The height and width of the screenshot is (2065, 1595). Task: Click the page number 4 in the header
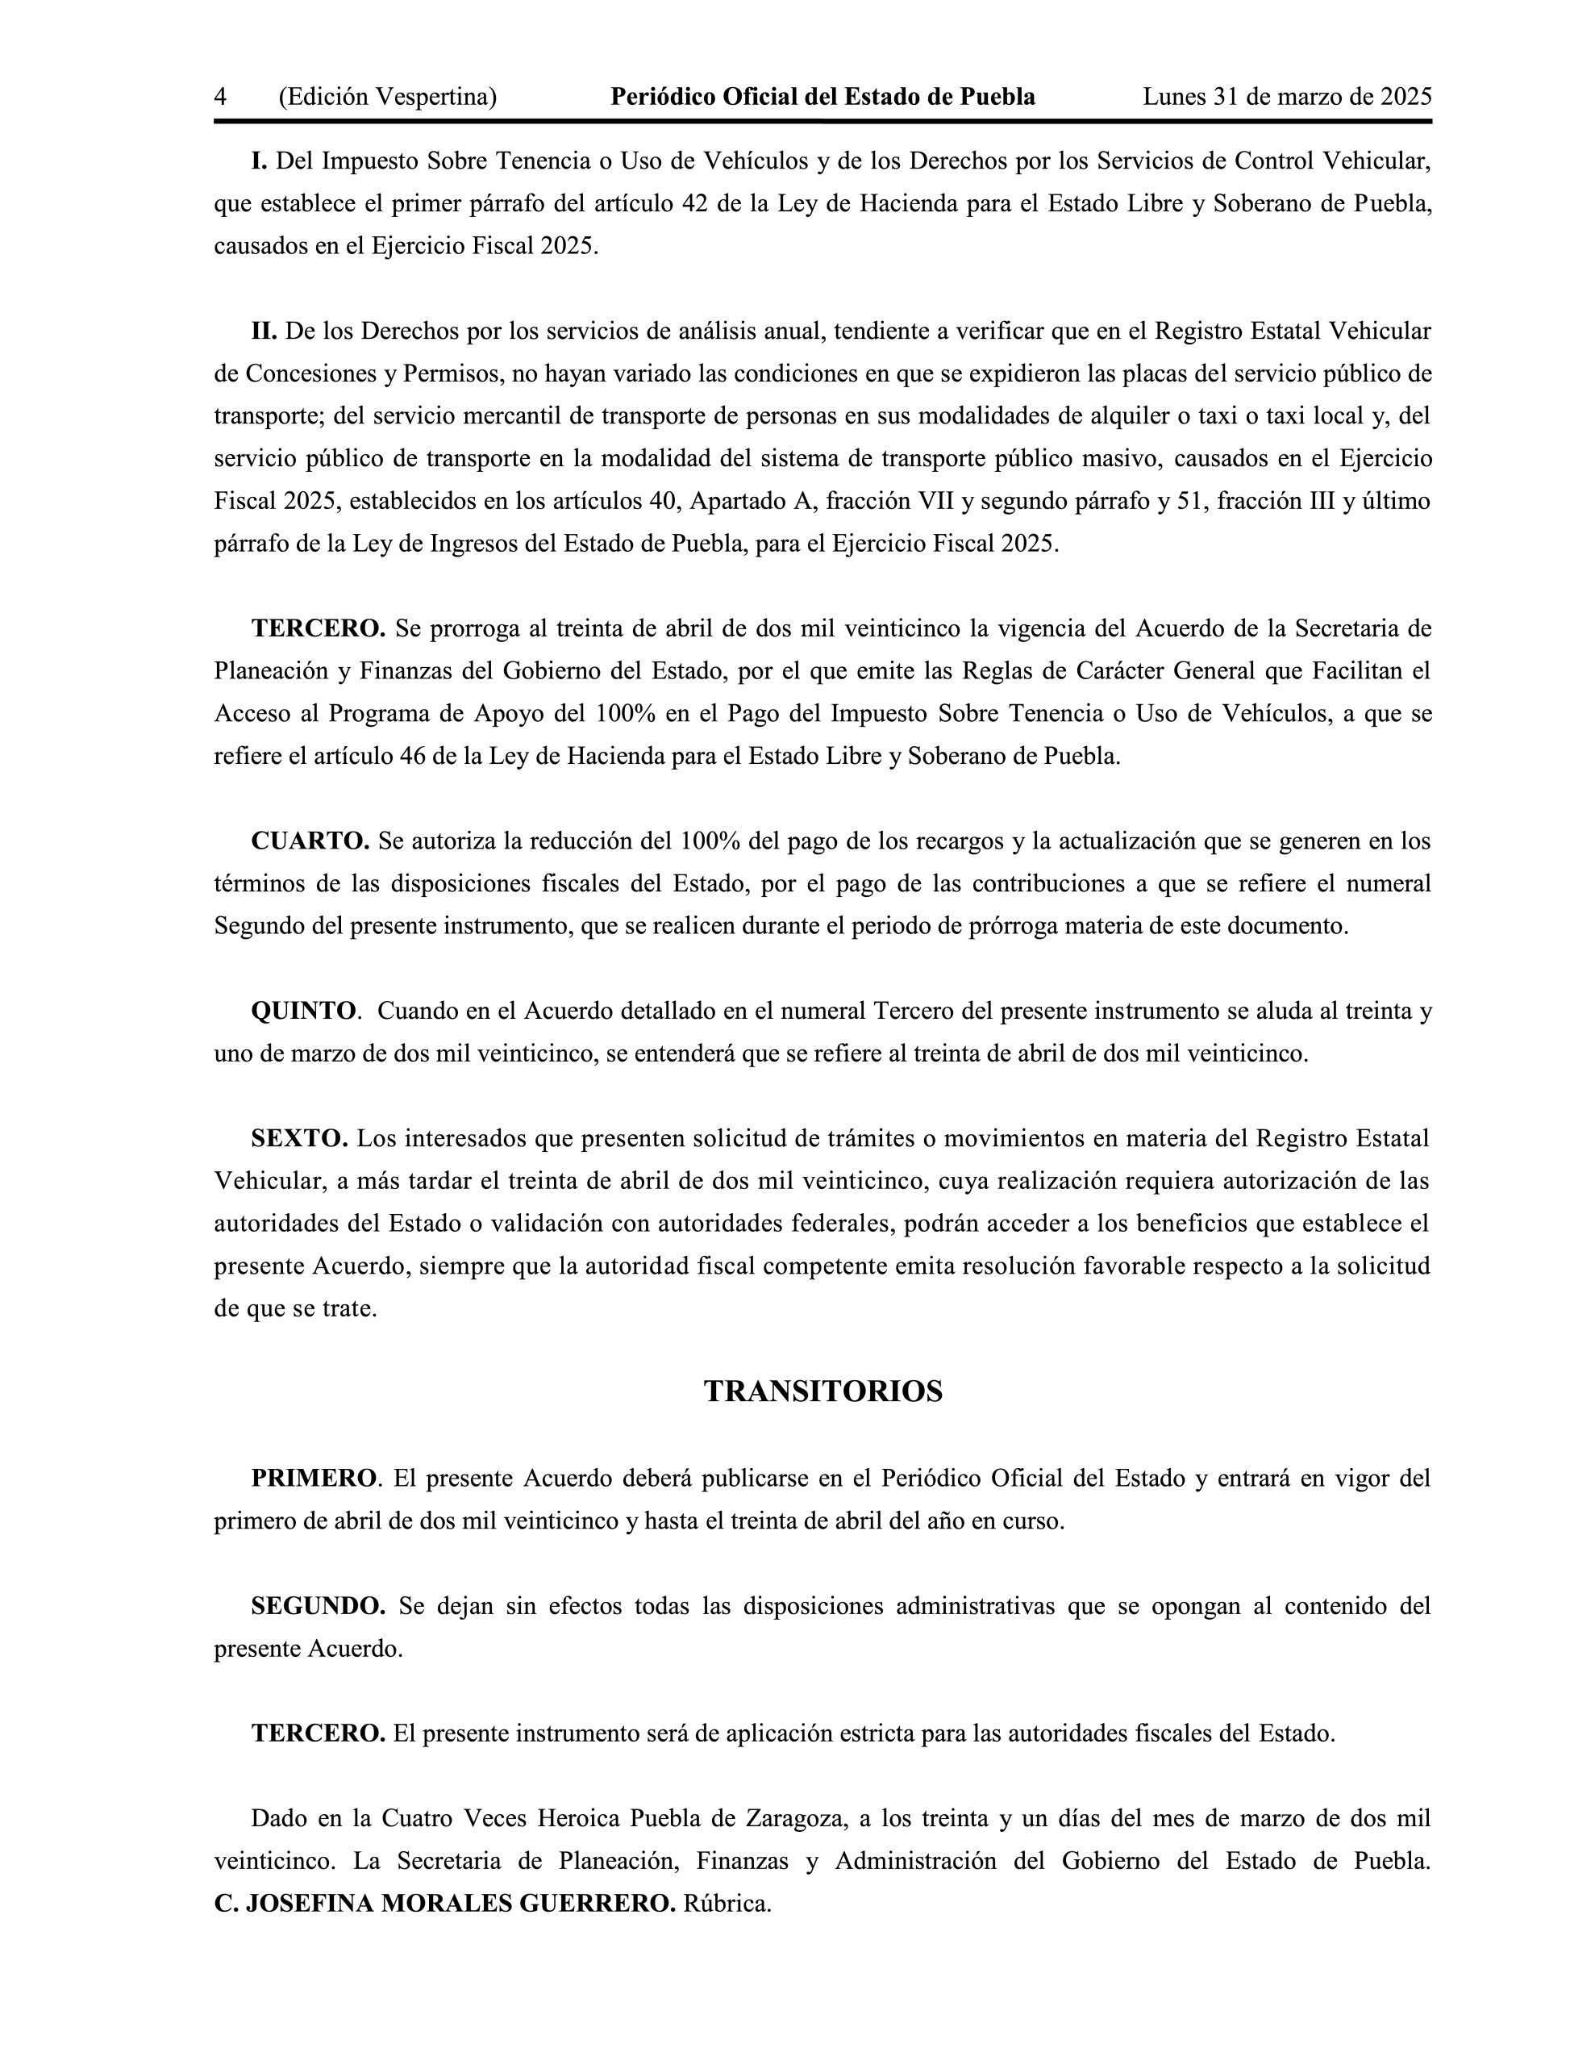(220, 97)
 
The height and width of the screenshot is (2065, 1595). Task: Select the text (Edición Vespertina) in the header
(388, 97)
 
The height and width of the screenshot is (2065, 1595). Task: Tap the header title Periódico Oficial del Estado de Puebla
(822, 97)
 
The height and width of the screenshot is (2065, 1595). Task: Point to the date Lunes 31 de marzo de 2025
(1287, 97)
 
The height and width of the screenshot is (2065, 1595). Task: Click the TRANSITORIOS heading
(822, 1391)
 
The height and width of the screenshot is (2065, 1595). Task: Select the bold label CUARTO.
(310, 841)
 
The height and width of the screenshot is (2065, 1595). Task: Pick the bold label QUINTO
(303, 1011)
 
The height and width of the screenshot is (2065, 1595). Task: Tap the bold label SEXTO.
(300, 1138)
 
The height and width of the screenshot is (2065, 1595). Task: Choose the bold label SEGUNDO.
(318, 1605)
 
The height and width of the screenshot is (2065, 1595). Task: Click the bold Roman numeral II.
(264, 331)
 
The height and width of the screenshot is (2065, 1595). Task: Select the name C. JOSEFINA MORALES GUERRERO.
(444, 1904)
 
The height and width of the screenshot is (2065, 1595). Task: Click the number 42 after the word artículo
(695, 203)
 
